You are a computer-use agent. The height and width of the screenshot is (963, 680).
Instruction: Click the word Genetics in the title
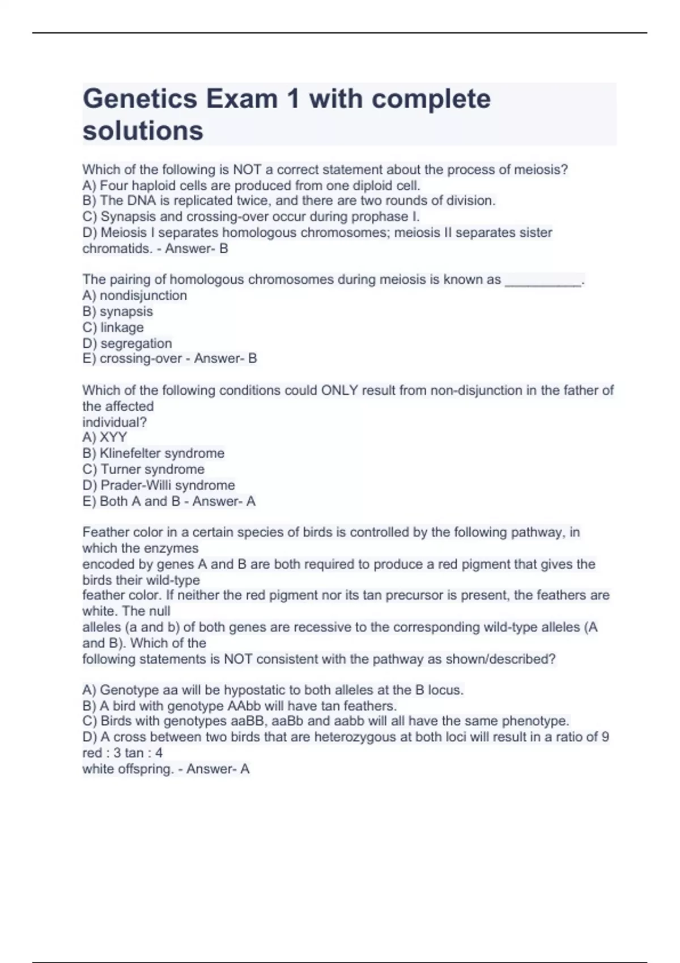139,99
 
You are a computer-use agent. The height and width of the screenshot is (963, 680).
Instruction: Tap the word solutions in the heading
143,131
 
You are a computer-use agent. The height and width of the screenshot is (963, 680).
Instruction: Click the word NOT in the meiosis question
247,169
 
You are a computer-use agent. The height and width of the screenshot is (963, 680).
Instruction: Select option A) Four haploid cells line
251,185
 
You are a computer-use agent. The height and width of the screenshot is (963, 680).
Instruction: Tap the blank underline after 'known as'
543,280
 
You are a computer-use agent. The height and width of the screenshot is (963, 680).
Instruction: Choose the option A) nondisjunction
134,295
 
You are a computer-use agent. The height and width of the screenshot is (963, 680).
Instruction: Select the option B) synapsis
117,311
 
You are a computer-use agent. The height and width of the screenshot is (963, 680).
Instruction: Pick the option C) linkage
113,327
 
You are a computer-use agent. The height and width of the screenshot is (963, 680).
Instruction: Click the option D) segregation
127,343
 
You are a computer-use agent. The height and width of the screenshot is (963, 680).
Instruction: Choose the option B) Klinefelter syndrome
153,453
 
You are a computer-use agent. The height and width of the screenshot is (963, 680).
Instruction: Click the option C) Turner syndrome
143,469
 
